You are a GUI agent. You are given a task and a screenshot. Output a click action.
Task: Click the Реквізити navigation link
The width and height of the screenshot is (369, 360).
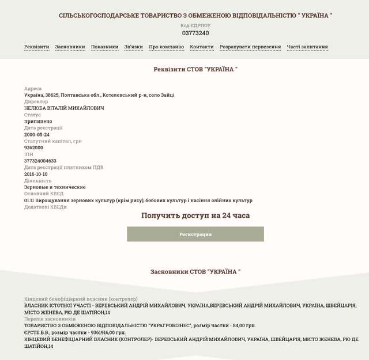(36, 47)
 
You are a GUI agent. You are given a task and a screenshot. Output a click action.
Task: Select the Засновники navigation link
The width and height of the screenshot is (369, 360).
(70, 47)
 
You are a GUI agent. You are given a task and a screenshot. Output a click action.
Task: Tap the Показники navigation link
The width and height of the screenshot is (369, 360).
(104, 47)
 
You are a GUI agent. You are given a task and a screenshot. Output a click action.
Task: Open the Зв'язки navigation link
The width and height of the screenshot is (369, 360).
(133, 47)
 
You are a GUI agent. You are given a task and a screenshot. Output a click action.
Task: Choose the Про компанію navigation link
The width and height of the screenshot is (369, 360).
(166, 47)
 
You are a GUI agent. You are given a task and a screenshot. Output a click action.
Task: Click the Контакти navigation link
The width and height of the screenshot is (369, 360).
(202, 47)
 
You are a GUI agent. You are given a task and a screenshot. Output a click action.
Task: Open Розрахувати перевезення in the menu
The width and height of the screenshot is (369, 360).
(250, 47)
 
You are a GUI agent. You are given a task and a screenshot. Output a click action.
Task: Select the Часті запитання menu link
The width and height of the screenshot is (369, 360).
(307, 47)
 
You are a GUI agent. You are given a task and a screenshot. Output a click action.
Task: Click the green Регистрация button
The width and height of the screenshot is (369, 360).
(195, 234)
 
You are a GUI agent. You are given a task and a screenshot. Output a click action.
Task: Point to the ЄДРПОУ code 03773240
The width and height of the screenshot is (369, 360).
(195, 33)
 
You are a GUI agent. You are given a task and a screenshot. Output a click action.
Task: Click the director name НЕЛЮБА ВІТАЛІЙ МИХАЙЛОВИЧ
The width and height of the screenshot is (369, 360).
(64, 108)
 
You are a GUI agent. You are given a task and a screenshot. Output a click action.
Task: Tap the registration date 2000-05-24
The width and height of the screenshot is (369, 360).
(37, 134)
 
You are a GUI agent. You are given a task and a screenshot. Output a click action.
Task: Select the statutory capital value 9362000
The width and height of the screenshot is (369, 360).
(34, 147)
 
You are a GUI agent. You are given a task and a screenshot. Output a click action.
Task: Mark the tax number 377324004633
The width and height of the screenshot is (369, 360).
(40, 161)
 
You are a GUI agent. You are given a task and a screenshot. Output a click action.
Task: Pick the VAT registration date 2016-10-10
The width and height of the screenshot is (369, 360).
(36, 174)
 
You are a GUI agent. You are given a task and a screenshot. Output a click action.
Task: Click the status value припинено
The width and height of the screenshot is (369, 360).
(38, 122)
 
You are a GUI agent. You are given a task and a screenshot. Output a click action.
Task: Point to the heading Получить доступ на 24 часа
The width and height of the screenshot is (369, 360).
(195, 215)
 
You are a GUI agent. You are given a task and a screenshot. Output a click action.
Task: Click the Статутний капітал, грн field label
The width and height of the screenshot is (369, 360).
(53, 141)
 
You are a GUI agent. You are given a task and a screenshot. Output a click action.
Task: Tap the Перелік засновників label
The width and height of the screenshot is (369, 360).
(50, 319)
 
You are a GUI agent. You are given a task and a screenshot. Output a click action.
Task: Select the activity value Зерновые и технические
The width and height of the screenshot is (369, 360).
(55, 187)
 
